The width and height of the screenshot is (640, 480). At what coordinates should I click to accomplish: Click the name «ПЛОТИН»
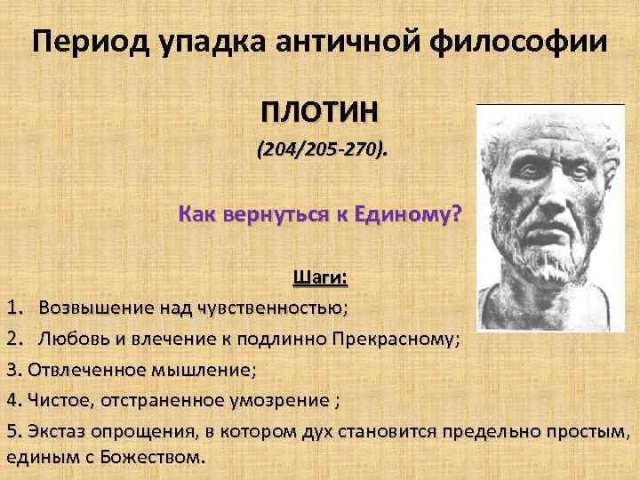pos(319,113)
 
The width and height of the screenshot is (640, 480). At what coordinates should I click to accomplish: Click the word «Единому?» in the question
pos(408,214)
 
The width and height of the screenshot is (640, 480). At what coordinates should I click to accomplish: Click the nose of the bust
pos(544,191)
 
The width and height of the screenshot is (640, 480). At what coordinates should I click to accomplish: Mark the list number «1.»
pos(14,308)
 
